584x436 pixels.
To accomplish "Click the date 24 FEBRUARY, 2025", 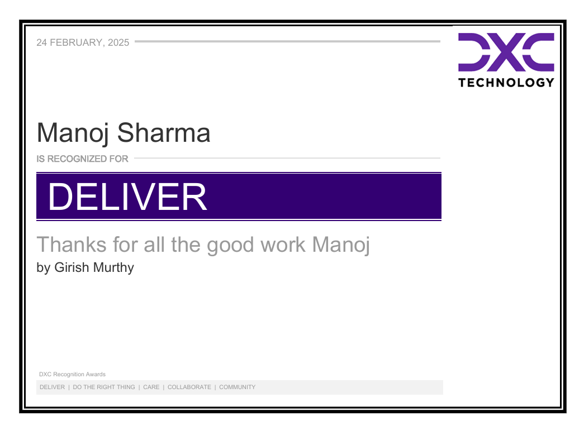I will pos(83,42).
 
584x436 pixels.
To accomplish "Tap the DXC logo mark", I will pos(506,52).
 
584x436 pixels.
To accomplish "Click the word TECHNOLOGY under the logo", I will pos(506,83).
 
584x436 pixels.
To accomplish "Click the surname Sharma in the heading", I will pos(164,133).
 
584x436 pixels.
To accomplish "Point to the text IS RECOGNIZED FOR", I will pos(82,159).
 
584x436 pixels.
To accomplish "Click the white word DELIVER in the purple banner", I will pos(127,197).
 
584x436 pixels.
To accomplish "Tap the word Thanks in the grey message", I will pos(69,245).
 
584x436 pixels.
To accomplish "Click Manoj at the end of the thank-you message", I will pos(341,246).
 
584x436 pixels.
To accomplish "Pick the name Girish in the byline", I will pos(72,268).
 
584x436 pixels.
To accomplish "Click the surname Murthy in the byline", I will pos(114,268).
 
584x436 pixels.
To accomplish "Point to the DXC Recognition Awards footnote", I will pos(72,375).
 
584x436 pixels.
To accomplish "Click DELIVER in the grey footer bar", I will pos(52,387).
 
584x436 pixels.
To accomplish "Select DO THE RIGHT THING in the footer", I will pos(104,387).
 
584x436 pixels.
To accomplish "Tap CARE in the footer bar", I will pos(151,387).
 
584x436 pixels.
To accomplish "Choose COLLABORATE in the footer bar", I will pos(189,387).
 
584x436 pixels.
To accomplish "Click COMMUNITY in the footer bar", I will pos(237,387).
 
